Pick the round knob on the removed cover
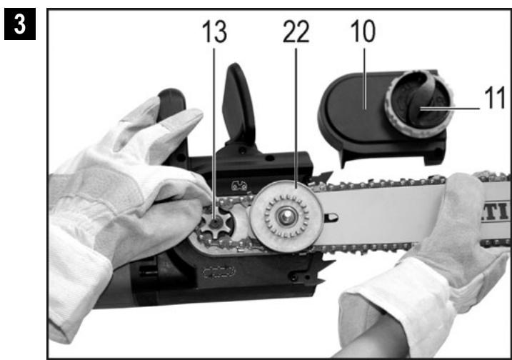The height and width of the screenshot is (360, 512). click(415, 106)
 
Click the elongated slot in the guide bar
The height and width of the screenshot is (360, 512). click(331, 212)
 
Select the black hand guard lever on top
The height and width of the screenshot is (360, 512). click(239, 107)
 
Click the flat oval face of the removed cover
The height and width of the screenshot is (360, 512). click(357, 114)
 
